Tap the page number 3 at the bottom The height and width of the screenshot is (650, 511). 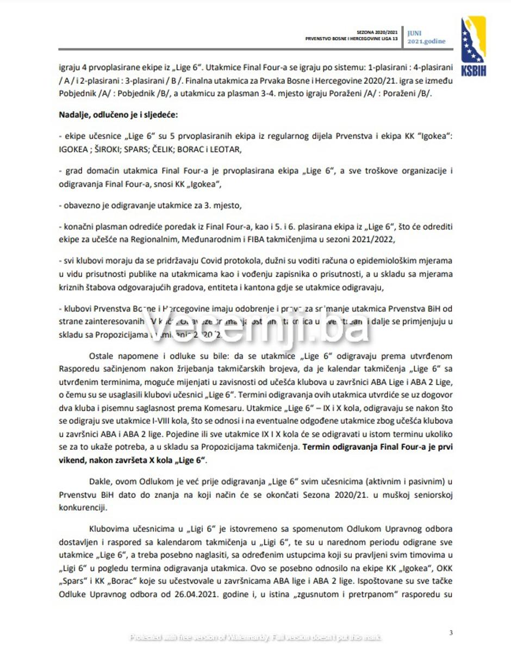(x=451, y=632)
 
